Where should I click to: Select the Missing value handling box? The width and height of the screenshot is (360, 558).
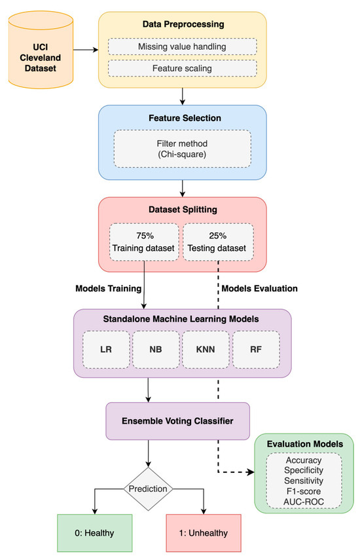pyautogui.click(x=182, y=46)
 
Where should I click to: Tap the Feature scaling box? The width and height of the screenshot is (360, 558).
pyautogui.click(x=182, y=68)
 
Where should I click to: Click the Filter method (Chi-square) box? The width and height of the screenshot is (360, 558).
pyautogui.click(x=182, y=149)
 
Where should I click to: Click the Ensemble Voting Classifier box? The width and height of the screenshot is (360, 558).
pyautogui.click(x=177, y=421)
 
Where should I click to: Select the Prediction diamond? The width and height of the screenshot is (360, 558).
pyautogui.click(x=151, y=488)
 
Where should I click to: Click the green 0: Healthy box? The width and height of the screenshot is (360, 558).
pyautogui.click(x=96, y=532)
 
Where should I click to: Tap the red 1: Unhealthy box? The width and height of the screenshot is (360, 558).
pyautogui.click(x=204, y=532)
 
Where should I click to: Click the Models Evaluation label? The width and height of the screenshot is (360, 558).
pyautogui.click(x=260, y=289)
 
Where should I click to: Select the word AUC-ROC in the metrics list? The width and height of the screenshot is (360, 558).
pyautogui.click(x=303, y=502)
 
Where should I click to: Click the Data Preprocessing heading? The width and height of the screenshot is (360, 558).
pyautogui.click(x=182, y=24)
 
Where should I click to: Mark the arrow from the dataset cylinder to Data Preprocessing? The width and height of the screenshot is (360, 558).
pyautogui.click(x=84, y=48)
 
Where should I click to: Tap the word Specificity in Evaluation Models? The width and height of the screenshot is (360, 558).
pyautogui.click(x=303, y=470)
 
